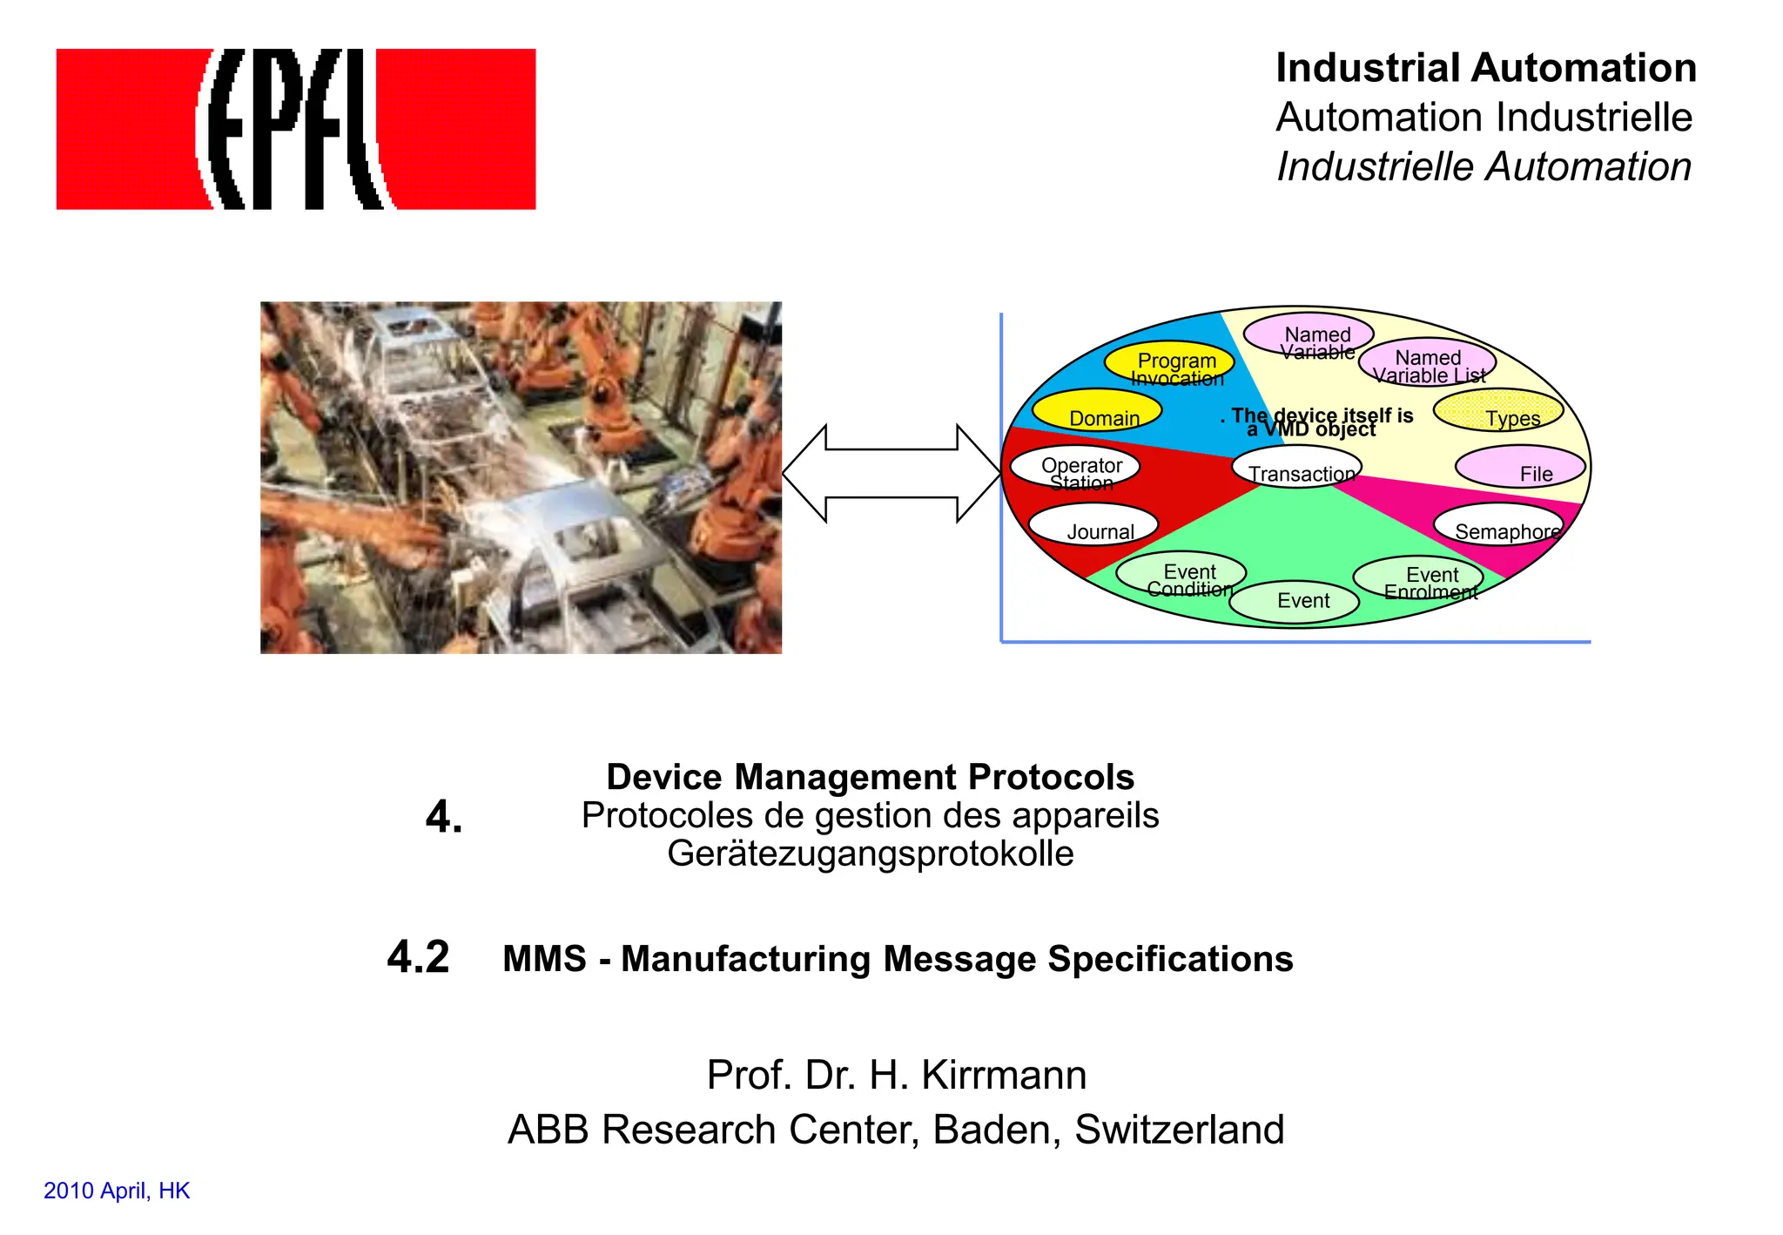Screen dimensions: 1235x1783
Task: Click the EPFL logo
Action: tap(295, 129)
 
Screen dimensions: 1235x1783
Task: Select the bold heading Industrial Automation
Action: tap(1485, 68)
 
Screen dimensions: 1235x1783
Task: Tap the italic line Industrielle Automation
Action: tap(1484, 166)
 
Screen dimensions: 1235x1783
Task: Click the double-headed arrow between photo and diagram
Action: tap(891, 473)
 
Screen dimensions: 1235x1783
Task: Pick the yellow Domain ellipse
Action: tap(1097, 411)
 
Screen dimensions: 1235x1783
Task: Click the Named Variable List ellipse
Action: tap(1427, 362)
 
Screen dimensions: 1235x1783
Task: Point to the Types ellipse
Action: tap(1498, 411)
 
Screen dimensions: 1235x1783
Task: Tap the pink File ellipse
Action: tap(1520, 468)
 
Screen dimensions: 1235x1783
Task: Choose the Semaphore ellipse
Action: tap(1498, 525)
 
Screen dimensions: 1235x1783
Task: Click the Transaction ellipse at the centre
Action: tap(1297, 468)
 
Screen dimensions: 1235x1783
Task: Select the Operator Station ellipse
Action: tap(1075, 468)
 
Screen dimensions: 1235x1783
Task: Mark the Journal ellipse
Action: tap(1093, 525)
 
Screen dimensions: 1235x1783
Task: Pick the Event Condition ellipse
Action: tap(1181, 574)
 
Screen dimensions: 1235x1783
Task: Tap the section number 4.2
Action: tap(418, 957)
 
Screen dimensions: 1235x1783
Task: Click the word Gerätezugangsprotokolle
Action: tap(870, 854)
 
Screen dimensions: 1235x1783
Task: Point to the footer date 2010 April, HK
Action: tap(117, 1191)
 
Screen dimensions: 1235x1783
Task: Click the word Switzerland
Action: tap(1179, 1130)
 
